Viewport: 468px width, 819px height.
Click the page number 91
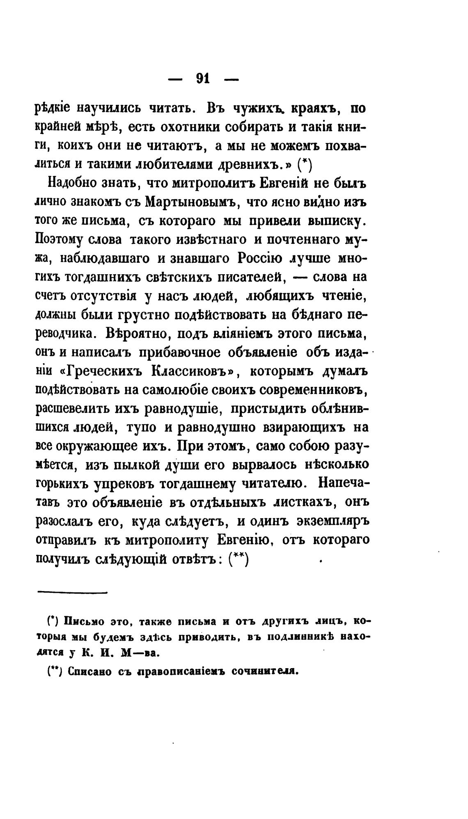(203, 78)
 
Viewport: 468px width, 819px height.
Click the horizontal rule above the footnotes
(72, 592)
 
